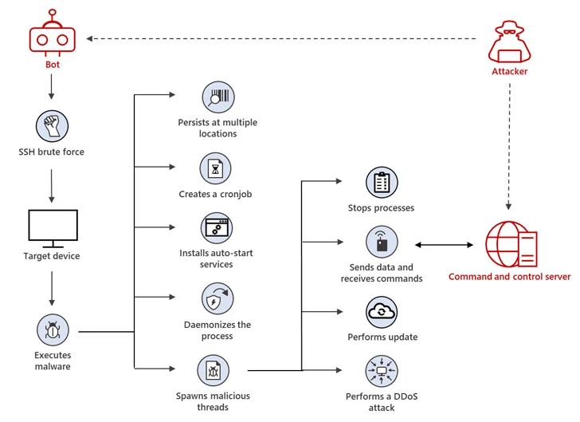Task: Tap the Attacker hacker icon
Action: tap(509, 41)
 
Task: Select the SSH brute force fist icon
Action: tap(52, 126)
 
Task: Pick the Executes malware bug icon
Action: tap(53, 329)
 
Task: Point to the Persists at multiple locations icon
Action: tap(218, 97)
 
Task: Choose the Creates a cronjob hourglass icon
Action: tap(215, 168)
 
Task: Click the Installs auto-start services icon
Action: tap(217, 228)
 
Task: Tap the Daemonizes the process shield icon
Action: tap(217, 298)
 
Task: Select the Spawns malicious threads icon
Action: tap(213, 370)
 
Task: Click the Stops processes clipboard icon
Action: tap(382, 183)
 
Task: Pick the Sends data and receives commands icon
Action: tap(382, 242)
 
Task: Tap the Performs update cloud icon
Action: tap(382, 312)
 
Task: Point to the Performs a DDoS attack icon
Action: tap(382, 371)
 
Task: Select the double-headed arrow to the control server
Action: tap(444, 245)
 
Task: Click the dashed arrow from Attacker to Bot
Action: tap(281, 38)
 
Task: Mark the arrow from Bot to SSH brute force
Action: tap(52, 87)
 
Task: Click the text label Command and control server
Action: tap(509, 277)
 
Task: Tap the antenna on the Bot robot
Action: tap(53, 17)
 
